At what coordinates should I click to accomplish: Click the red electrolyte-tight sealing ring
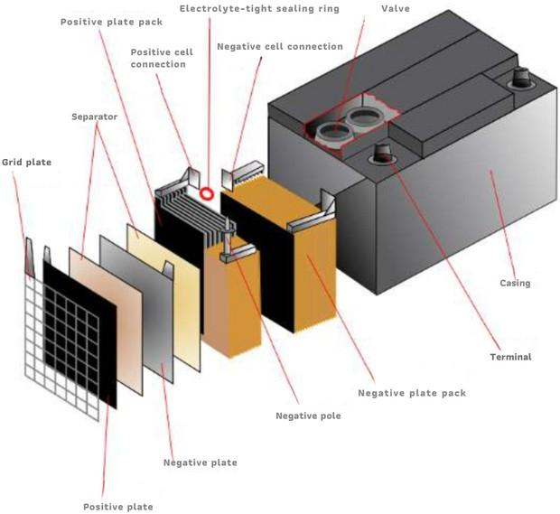pyautogui.click(x=207, y=192)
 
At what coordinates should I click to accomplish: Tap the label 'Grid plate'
pyautogui.click(x=26, y=163)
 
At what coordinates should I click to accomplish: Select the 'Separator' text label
pyautogui.click(x=94, y=117)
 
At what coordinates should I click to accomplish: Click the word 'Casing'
pyautogui.click(x=515, y=284)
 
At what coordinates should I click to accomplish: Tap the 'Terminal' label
pyautogui.click(x=511, y=357)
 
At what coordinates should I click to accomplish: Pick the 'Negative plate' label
pyautogui.click(x=201, y=463)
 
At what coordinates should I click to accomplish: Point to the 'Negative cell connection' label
pyautogui.click(x=280, y=46)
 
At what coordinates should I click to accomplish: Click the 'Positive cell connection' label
pyautogui.click(x=159, y=58)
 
